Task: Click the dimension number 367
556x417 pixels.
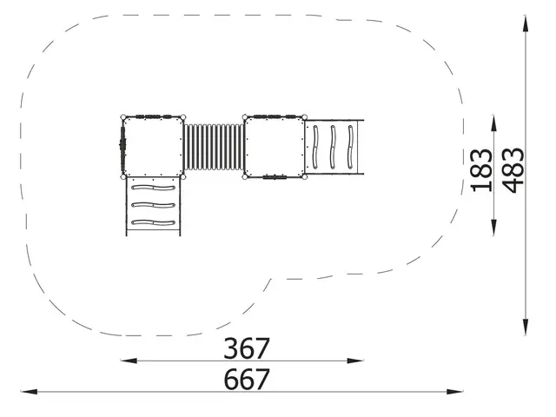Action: pyautogui.click(x=247, y=348)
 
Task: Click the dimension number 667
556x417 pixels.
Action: pyautogui.click(x=247, y=380)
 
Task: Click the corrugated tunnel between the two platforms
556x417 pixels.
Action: pyautogui.click(x=214, y=148)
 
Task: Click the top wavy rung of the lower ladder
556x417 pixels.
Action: pyautogui.click(x=153, y=187)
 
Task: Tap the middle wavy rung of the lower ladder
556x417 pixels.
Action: pyautogui.click(x=153, y=205)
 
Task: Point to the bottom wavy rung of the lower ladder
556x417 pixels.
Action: pyautogui.click(x=153, y=223)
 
